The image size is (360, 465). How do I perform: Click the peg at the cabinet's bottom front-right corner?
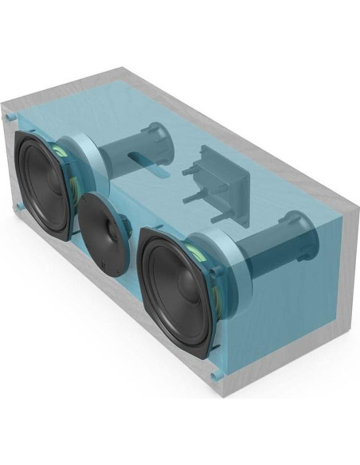[x=215, y=372]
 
